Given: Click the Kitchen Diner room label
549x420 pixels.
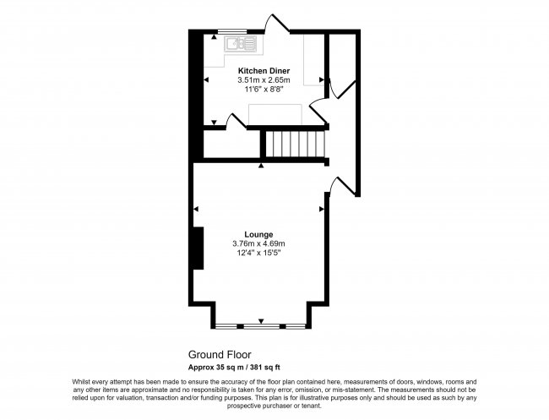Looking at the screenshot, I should pyautogui.click(x=264, y=70).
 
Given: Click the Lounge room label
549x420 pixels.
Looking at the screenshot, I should pyautogui.click(x=258, y=233).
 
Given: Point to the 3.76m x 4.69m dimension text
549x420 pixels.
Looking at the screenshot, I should pyautogui.click(x=258, y=243).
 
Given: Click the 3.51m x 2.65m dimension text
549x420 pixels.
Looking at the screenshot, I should pyautogui.click(x=264, y=80).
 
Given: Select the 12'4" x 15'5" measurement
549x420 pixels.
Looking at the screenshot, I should pyautogui.click(x=258, y=253).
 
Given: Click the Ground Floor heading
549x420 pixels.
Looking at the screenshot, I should pyautogui.click(x=220, y=356).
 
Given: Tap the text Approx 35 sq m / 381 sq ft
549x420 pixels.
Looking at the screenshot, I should pyautogui.click(x=245, y=368).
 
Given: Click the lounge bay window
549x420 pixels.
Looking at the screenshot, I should pyautogui.click(x=260, y=325).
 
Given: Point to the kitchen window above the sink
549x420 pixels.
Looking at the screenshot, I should pyautogui.click(x=227, y=31).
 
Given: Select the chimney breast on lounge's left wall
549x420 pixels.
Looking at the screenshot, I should pyautogui.click(x=197, y=248).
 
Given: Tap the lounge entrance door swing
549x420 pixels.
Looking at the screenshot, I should pyautogui.click(x=333, y=184).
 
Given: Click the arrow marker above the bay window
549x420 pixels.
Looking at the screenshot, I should pyautogui.click(x=260, y=320).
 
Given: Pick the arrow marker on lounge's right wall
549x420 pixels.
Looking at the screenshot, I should pyautogui.click(x=321, y=209).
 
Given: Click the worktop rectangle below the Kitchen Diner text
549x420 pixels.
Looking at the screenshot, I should pyautogui.click(x=280, y=113).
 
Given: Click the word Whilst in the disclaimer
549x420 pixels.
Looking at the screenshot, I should pyautogui.click(x=81, y=382).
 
